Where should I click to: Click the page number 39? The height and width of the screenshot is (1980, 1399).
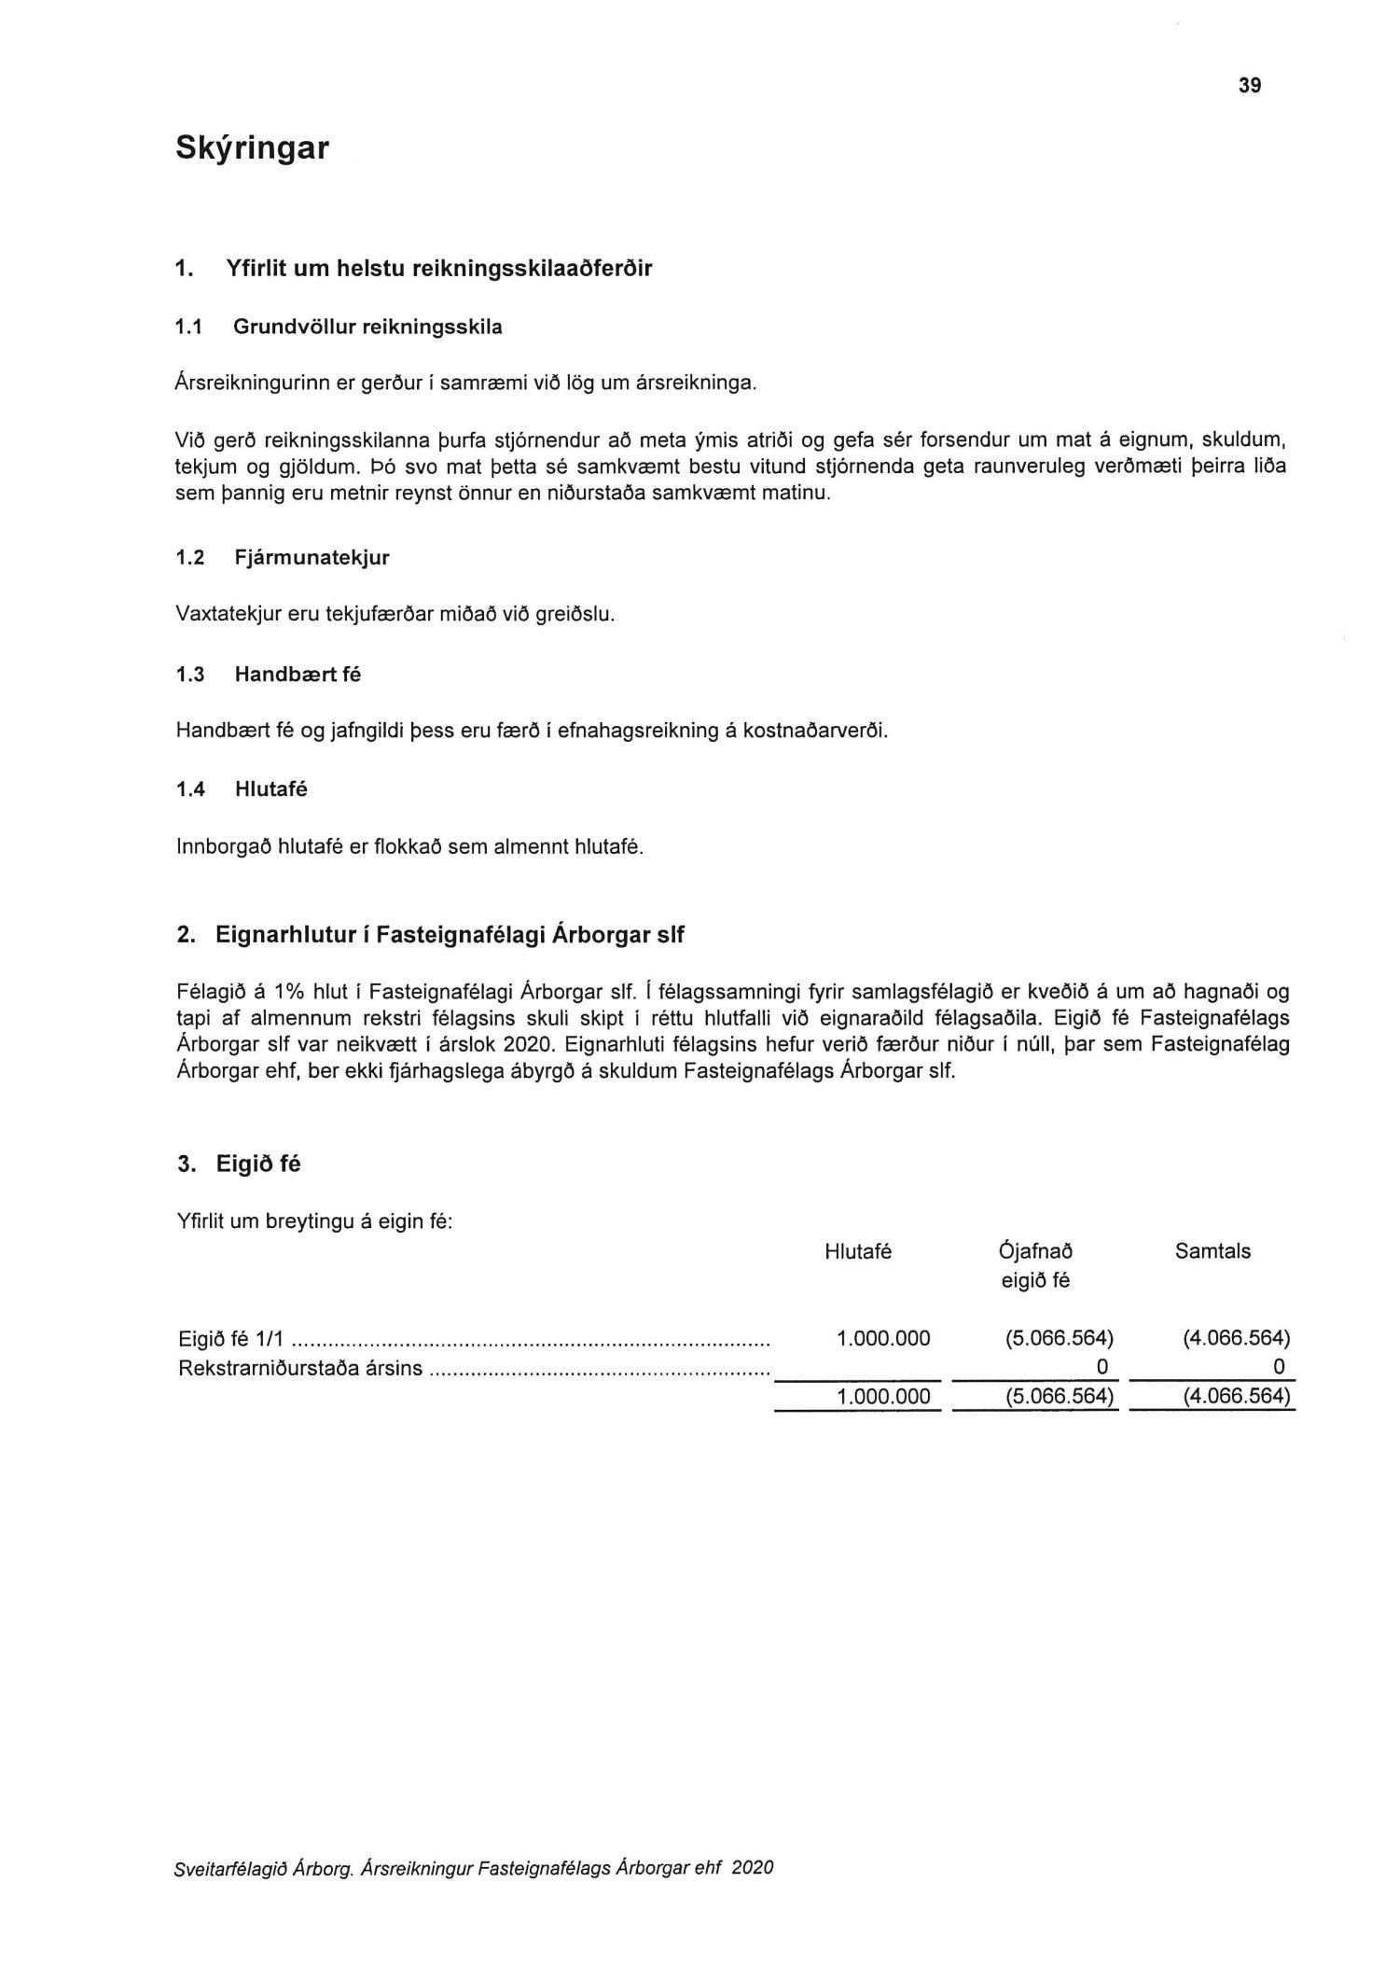(x=1250, y=86)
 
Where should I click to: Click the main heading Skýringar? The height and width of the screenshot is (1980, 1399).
(x=252, y=148)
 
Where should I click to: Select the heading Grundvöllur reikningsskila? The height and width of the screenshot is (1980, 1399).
(x=367, y=327)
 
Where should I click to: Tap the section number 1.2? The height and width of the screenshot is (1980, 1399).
(x=190, y=558)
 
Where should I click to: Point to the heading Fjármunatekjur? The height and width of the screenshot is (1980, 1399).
(x=312, y=558)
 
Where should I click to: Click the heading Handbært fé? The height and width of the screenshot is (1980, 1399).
(x=298, y=674)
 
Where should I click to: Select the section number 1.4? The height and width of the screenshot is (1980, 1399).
(x=190, y=789)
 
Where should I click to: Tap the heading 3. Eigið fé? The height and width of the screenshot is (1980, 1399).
(x=240, y=1164)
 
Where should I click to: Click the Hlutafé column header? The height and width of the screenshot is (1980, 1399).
(x=858, y=1251)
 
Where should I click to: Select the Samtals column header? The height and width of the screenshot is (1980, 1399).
(x=1212, y=1251)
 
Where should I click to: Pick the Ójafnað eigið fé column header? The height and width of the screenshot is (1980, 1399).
(x=1035, y=1265)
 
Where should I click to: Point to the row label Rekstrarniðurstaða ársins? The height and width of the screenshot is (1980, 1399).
(x=299, y=1369)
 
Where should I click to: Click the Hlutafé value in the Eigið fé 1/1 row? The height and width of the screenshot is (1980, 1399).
(x=883, y=1339)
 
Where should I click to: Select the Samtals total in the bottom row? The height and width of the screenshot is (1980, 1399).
(x=1236, y=1397)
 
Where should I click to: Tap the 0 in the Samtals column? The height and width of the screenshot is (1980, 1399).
(x=1279, y=1368)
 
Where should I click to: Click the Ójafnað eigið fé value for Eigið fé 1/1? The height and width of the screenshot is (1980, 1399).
(x=1060, y=1339)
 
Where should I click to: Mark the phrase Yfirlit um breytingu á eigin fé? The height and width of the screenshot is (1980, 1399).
(x=314, y=1221)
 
